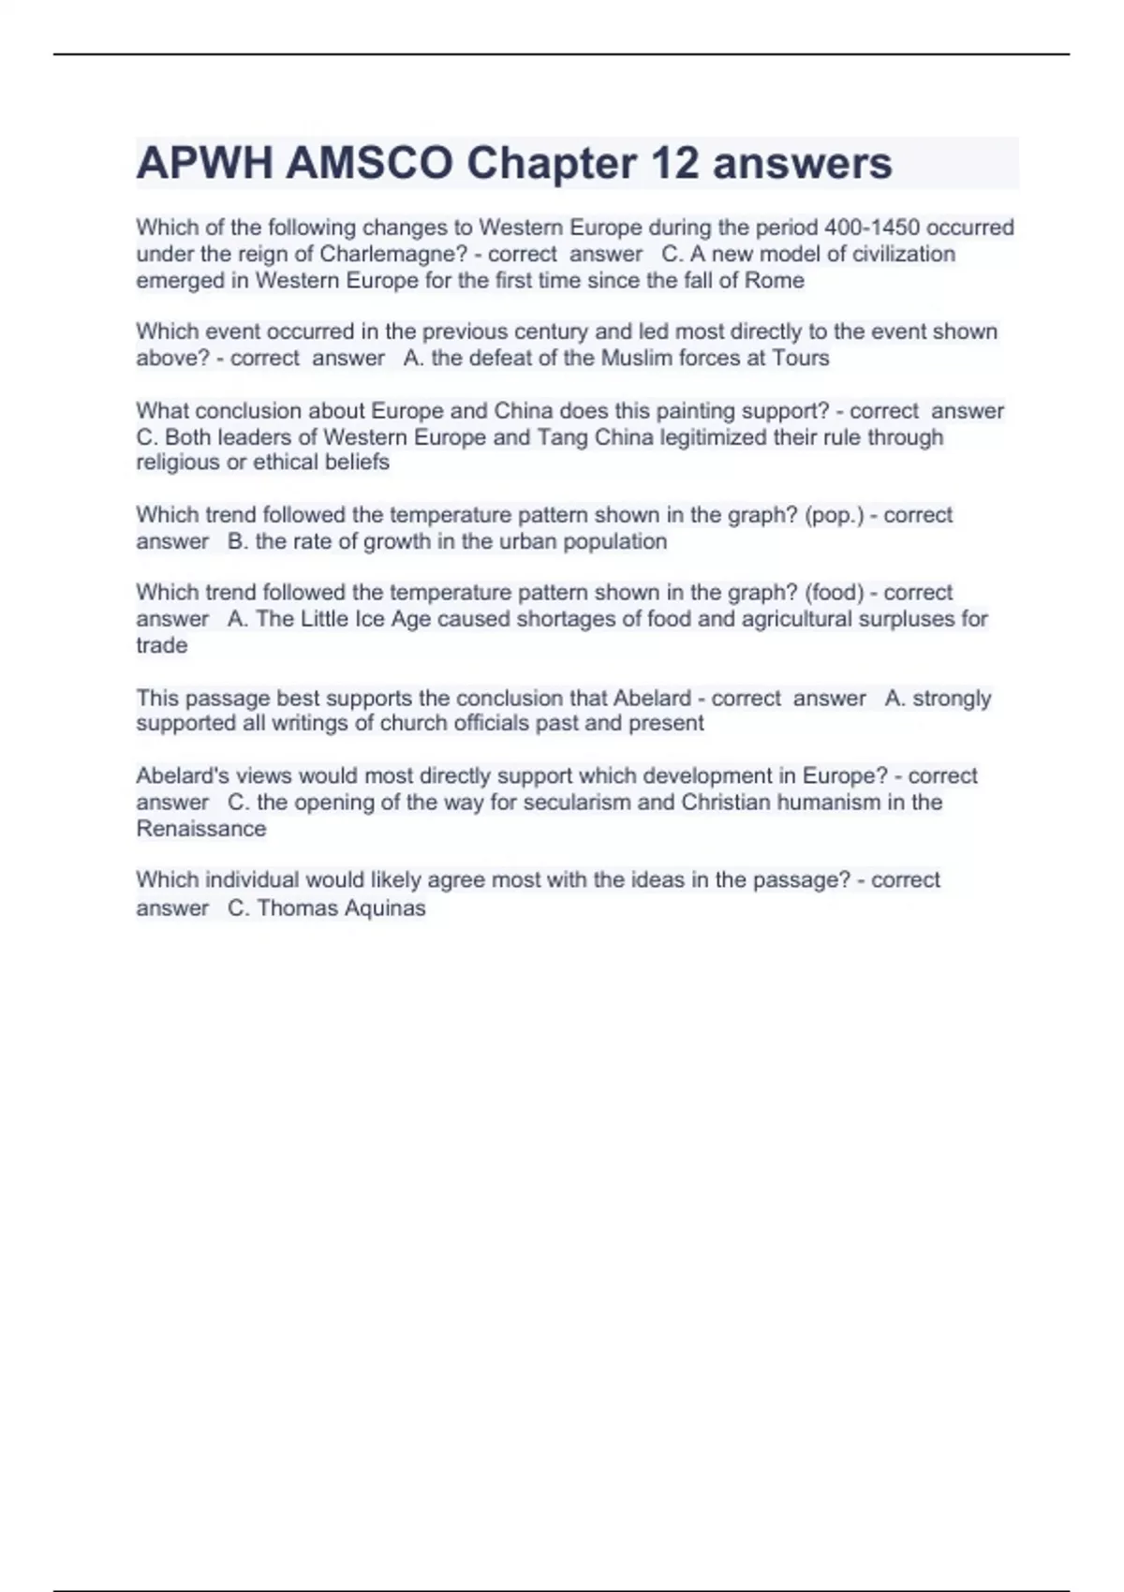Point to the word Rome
tap(774, 280)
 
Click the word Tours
tap(800, 358)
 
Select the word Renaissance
tap(201, 829)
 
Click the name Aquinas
tap(383, 907)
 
